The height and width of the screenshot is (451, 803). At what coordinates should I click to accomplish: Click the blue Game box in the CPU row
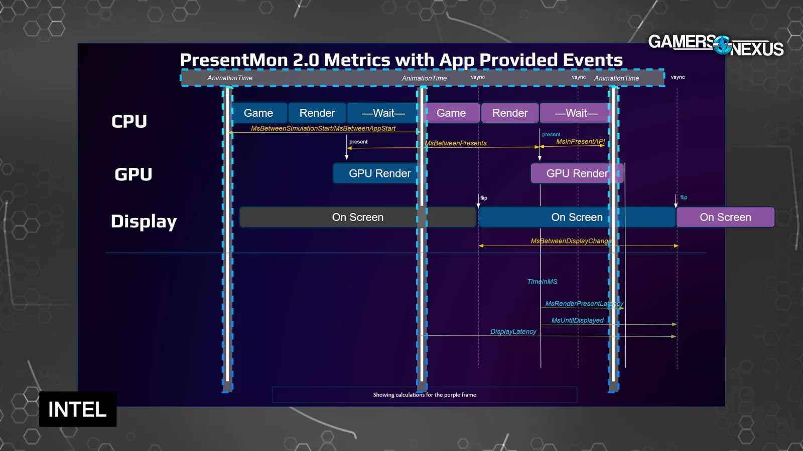point(258,113)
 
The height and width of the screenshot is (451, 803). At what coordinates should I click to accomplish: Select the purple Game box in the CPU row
point(451,113)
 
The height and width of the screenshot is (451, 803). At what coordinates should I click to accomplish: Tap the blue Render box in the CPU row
point(317,113)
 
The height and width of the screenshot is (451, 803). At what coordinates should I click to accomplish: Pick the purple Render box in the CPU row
point(510,113)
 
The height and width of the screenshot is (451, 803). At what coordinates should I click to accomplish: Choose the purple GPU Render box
point(576,173)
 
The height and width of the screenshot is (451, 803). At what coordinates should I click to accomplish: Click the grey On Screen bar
point(357,217)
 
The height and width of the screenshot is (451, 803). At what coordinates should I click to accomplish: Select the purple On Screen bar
point(725,217)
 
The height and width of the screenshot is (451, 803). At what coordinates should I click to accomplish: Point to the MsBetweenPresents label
point(456,143)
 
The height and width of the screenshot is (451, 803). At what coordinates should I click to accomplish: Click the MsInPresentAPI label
point(580,142)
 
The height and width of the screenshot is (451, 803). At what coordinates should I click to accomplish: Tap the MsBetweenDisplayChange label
point(571,241)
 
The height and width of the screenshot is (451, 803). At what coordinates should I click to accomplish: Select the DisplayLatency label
point(513,332)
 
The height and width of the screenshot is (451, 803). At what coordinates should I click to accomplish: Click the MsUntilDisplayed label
point(577,321)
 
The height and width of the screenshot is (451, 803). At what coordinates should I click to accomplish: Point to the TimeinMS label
point(542,282)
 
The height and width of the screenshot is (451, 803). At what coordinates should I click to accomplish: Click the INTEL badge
point(78,409)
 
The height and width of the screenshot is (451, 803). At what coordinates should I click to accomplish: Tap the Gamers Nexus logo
point(716,45)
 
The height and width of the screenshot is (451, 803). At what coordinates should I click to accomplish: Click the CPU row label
point(129,122)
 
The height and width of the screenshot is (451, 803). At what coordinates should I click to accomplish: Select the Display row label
point(144,221)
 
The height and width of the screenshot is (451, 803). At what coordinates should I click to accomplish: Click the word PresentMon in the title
point(234,60)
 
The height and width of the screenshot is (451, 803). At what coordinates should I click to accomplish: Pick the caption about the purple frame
point(425,395)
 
